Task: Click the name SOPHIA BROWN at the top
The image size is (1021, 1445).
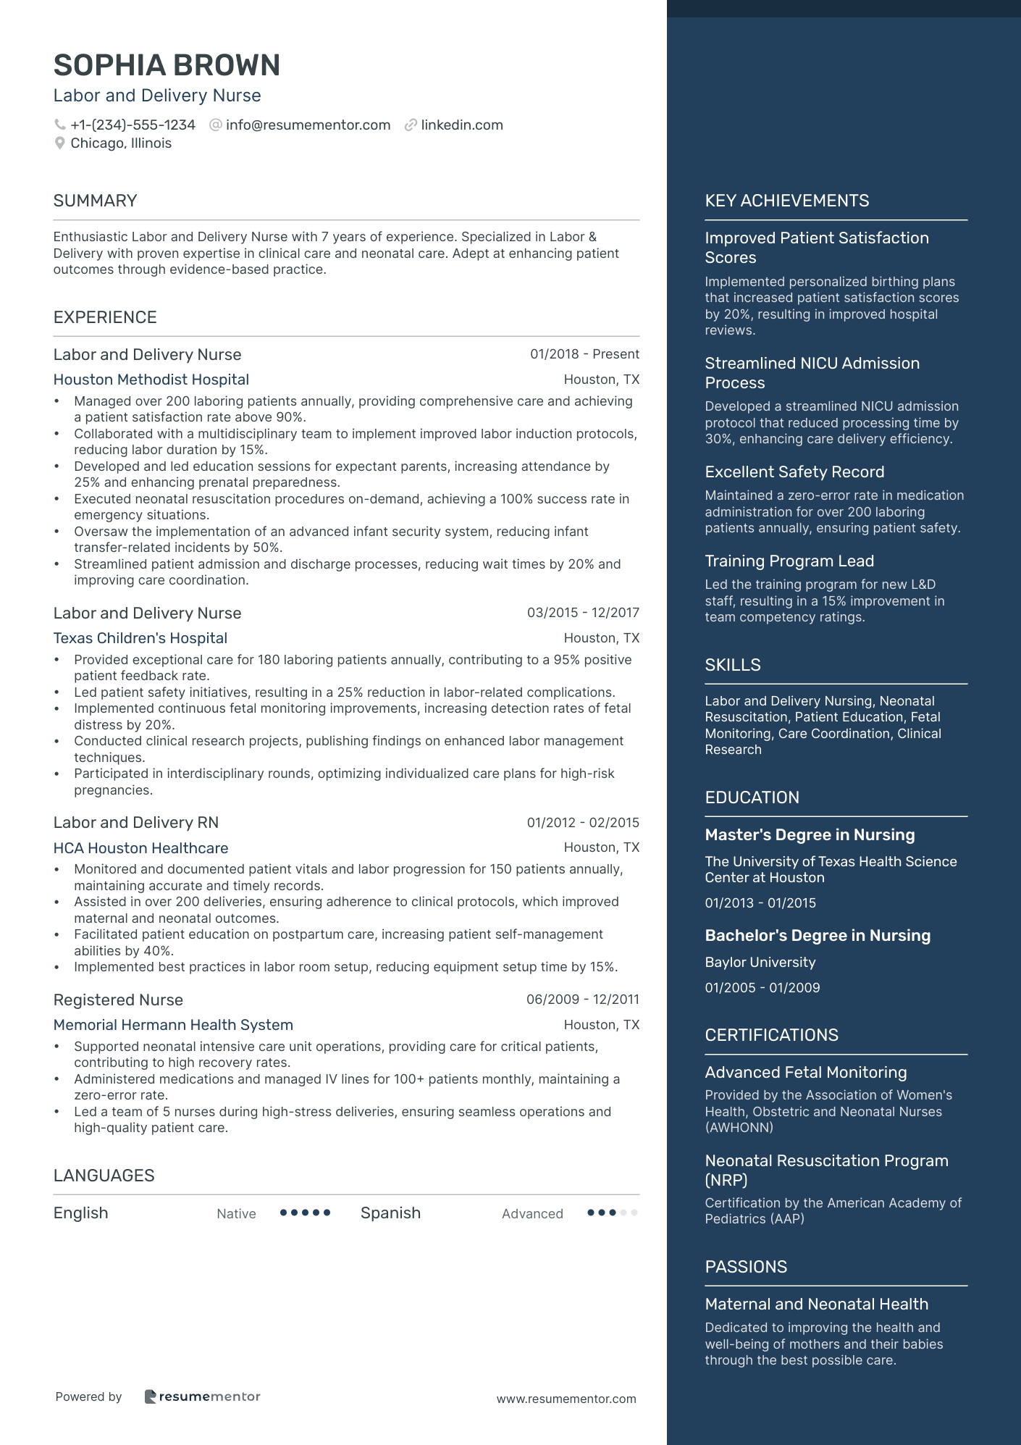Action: [x=167, y=65]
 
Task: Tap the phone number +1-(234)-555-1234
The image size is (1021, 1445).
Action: [x=133, y=125]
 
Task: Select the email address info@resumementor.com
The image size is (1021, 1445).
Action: [x=308, y=125]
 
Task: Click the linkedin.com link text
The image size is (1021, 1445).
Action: [x=462, y=125]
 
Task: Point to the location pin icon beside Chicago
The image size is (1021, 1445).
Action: [x=60, y=143]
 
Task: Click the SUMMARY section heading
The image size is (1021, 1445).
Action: [x=95, y=201]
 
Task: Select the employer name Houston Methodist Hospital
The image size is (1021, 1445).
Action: [x=151, y=380]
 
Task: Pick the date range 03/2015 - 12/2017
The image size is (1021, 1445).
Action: [x=583, y=613]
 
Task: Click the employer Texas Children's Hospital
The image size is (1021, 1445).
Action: [x=140, y=638]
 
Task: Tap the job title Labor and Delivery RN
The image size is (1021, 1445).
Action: [x=135, y=823]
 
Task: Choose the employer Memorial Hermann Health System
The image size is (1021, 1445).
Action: [x=173, y=1025]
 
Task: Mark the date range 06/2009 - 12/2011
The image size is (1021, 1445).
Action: [x=582, y=1000]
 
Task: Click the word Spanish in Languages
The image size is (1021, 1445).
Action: [x=390, y=1213]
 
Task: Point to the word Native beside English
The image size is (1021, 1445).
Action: [x=236, y=1214]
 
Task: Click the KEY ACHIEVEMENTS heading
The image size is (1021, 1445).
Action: [x=786, y=201]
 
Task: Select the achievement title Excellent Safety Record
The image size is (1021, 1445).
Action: [x=794, y=472]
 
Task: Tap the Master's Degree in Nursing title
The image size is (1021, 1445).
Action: [x=810, y=835]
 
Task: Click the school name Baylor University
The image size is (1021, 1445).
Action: [x=760, y=963]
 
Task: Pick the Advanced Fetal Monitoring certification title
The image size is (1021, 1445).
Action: [x=805, y=1073]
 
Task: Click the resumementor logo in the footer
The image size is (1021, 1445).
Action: [x=202, y=1396]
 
